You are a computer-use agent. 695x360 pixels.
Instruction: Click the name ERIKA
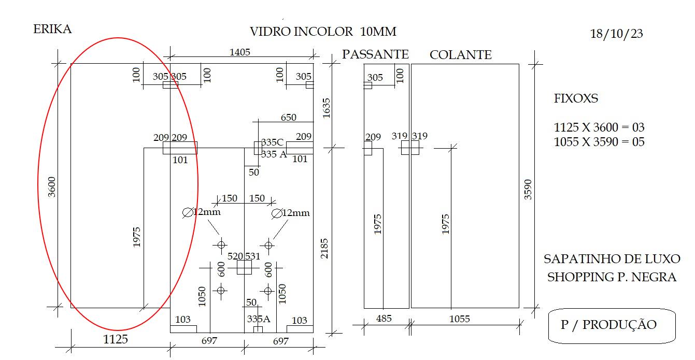52,29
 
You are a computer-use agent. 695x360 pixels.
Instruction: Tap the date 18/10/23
616,34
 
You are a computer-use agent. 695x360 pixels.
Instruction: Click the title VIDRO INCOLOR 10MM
323,32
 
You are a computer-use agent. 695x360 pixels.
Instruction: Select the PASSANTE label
375,54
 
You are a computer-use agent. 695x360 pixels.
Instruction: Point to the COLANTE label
460,55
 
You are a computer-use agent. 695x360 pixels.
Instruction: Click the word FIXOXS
576,98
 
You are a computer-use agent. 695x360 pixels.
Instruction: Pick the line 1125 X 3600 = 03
599,127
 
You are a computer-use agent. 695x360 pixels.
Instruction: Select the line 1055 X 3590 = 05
599,142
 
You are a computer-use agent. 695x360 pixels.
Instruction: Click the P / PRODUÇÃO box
612,326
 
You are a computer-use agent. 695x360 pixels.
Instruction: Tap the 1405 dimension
240,52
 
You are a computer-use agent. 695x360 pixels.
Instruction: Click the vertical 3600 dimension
51,187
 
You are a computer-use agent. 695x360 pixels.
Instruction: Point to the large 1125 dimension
116,339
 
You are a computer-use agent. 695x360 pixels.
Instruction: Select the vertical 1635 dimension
327,108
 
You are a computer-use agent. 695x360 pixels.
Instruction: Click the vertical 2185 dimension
324,249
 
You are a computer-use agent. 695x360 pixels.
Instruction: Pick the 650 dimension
289,118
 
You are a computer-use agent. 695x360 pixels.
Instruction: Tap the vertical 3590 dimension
528,190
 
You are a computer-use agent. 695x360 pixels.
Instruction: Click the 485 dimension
384,319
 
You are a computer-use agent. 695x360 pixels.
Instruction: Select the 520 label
235,256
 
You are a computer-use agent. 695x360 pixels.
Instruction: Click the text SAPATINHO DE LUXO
612,259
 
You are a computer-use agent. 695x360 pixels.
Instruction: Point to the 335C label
272,142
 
